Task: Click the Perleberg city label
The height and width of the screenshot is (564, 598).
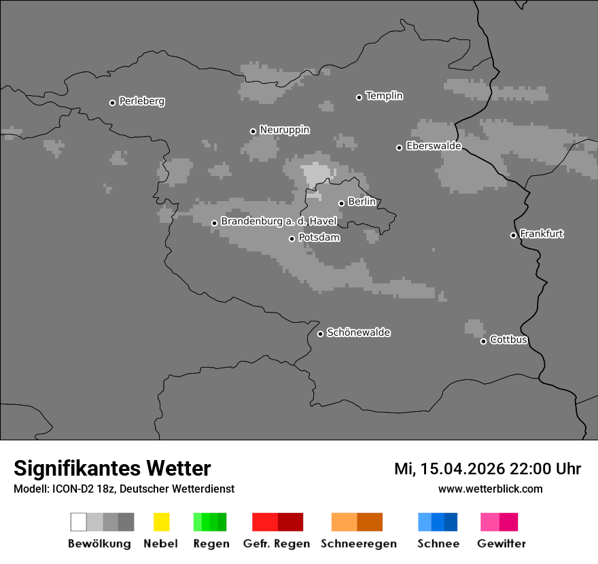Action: [x=141, y=101]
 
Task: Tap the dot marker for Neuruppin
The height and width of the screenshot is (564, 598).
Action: [x=253, y=131]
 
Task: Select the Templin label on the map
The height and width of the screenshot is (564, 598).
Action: [x=384, y=96]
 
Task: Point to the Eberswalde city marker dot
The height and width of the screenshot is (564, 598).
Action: [x=400, y=147]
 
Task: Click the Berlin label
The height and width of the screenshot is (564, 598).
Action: [x=362, y=202]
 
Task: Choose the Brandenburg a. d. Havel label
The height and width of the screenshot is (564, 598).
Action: [x=279, y=222]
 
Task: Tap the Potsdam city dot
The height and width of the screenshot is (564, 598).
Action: [x=292, y=239]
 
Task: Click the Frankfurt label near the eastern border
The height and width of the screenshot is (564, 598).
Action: [x=542, y=234]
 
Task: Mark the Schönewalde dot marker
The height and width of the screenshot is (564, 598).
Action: [x=321, y=334]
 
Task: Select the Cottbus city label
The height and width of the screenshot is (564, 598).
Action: [x=508, y=340]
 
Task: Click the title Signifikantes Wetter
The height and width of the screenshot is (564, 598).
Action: [x=112, y=468]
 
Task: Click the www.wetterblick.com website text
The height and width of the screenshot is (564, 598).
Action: [x=490, y=489]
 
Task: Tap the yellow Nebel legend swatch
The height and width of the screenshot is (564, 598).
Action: [x=161, y=522]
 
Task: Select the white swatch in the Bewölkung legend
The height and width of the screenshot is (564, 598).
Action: [x=79, y=522]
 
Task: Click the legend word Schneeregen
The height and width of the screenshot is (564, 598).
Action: [x=358, y=544]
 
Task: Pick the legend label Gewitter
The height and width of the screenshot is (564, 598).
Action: [x=501, y=544]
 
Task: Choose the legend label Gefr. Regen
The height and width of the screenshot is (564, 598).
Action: [x=276, y=544]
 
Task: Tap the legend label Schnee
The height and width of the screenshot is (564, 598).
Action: [x=438, y=544]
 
